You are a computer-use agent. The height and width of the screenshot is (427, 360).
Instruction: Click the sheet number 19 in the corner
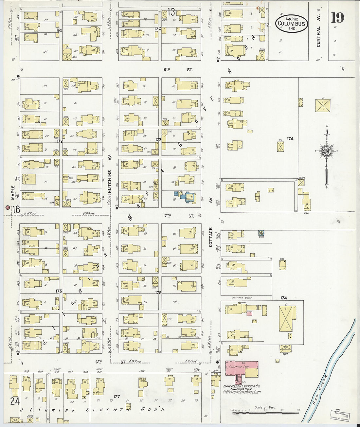337,17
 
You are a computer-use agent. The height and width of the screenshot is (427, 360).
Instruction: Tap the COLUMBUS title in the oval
292,24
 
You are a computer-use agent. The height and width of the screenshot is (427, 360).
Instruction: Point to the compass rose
326,151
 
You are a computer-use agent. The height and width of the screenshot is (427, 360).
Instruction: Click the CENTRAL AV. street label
318,33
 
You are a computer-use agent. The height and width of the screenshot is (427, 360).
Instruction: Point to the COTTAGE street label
211,237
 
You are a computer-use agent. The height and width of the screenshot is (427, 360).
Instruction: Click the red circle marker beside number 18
8,207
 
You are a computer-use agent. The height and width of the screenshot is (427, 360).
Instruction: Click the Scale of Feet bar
265,413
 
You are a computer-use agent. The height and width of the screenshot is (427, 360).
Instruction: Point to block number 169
59,30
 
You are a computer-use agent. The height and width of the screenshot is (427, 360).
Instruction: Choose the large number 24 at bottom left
15,401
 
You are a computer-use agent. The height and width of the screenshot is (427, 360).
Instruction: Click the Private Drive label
241,298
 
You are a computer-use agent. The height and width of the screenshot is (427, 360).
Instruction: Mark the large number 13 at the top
171,12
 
